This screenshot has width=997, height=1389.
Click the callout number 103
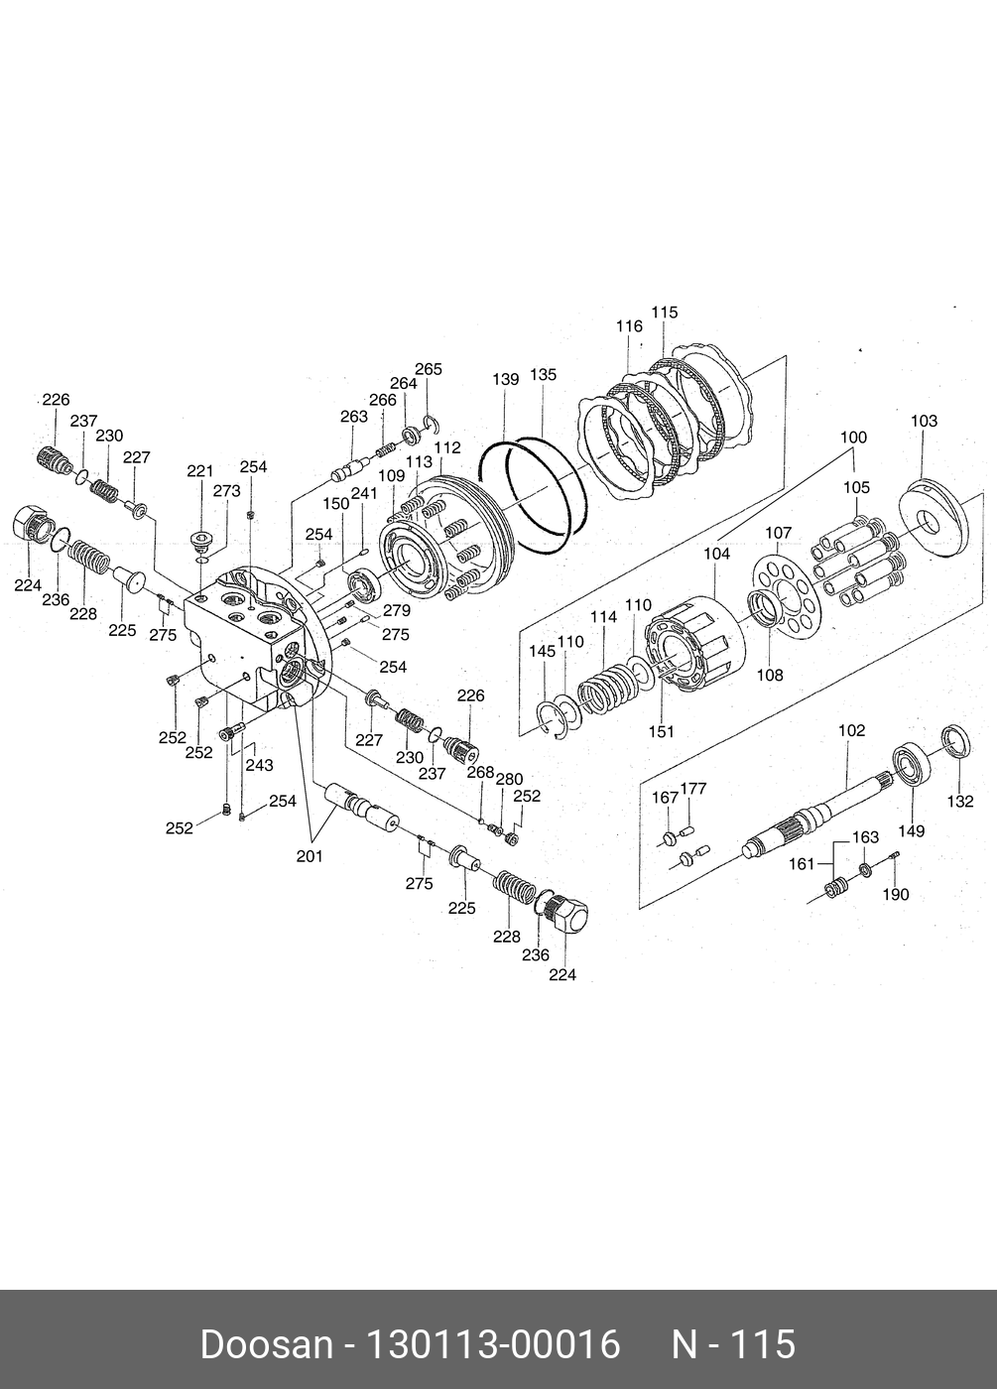(x=924, y=421)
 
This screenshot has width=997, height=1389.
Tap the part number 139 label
(x=506, y=380)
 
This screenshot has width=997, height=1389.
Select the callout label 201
(x=310, y=857)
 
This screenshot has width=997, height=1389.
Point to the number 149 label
(x=912, y=830)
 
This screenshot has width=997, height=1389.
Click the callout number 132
(x=960, y=802)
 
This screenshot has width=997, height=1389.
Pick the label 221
(x=200, y=471)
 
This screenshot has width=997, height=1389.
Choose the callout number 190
(x=896, y=894)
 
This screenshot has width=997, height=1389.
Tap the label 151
(x=661, y=731)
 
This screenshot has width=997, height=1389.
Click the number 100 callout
(x=853, y=437)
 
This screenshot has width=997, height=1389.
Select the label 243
(x=260, y=765)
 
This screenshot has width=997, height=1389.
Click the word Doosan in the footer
(x=266, y=1345)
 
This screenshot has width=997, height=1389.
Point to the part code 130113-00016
(x=494, y=1345)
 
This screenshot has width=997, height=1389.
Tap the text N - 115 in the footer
(x=734, y=1345)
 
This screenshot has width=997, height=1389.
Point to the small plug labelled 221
(x=203, y=541)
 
